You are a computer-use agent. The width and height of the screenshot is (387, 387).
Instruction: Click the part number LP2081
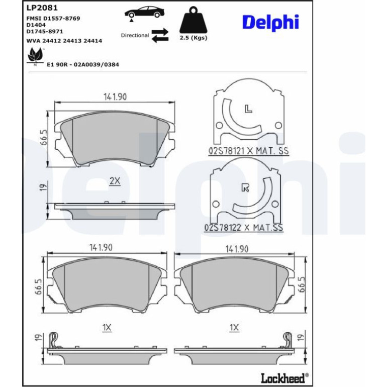pyautogui.click(x=42, y=8)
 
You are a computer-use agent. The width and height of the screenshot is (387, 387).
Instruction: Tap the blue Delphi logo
pyautogui.click(x=270, y=23)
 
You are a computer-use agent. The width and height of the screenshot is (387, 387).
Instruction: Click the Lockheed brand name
pyautogui.click(x=282, y=378)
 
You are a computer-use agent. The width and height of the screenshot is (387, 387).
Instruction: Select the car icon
pyautogui.click(x=144, y=13)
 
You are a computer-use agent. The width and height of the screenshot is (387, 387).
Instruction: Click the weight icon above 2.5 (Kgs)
pyautogui.click(x=193, y=20)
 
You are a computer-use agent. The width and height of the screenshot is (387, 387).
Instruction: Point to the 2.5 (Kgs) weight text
pyautogui.click(x=193, y=38)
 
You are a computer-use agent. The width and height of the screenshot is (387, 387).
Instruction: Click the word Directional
pyautogui.click(x=135, y=35)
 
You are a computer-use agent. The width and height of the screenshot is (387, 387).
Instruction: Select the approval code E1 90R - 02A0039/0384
pyautogui.click(x=83, y=65)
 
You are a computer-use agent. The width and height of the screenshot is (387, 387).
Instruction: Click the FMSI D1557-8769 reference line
pyautogui.click(x=53, y=19)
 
